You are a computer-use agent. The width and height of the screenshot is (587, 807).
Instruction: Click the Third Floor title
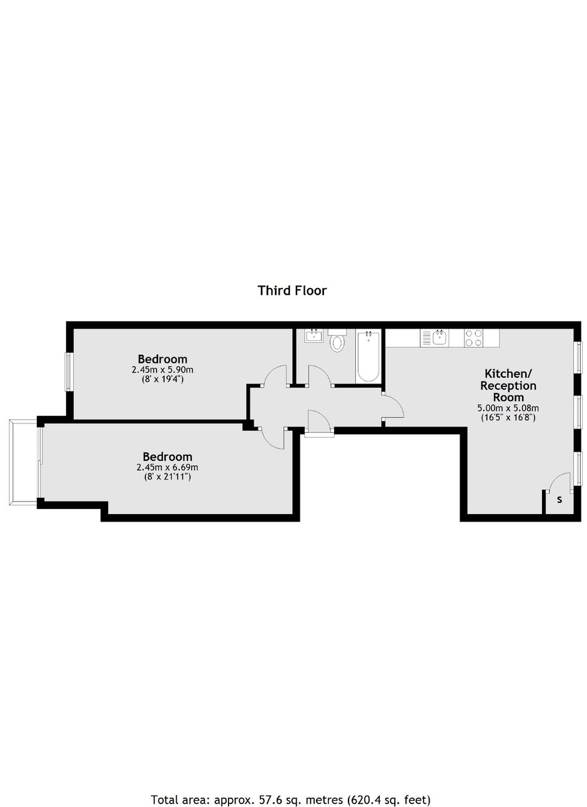point(292,290)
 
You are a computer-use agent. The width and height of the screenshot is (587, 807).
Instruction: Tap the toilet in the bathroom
point(337,340)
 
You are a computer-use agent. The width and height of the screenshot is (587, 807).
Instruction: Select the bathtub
point(368,356)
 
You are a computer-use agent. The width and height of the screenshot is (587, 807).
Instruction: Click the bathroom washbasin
point(313,336)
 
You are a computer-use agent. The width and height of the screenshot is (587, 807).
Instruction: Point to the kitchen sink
point(440,337)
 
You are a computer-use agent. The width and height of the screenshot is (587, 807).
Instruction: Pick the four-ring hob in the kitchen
point(473,338)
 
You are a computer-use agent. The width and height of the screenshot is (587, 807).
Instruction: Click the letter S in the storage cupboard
point(560,500)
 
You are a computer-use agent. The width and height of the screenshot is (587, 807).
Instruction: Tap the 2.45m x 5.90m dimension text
point(163,370)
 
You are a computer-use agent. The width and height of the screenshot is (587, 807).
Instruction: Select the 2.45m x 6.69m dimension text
point(167,467)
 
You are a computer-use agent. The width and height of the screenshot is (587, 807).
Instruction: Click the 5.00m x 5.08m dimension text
point(508,408)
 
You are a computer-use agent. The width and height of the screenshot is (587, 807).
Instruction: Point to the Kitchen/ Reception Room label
point(508,385)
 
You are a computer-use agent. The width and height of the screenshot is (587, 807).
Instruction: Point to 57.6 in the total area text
point(264,797)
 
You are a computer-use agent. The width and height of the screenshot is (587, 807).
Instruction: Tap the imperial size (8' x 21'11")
point(167,477)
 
